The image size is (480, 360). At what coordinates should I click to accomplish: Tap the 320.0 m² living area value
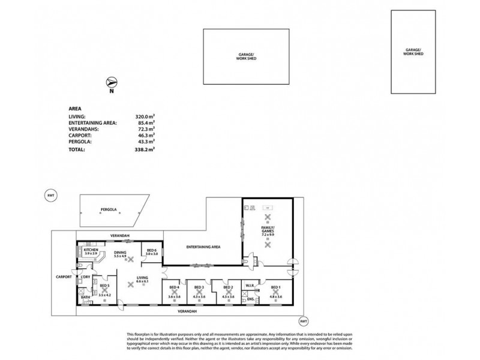tap(146, 117)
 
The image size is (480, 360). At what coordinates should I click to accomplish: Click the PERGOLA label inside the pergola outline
tap(109, 211)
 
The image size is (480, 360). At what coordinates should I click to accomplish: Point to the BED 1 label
tap(275, 287)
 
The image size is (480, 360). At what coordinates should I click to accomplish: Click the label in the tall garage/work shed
tap(413, 52)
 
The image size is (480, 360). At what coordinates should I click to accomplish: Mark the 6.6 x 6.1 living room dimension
tap(142, 280)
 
